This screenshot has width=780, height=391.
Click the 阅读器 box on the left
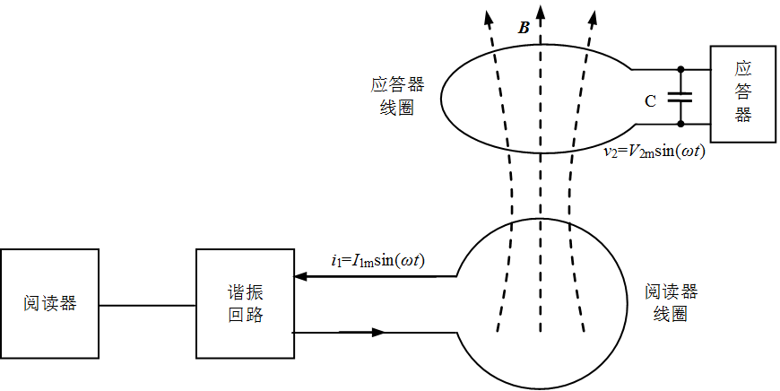49,303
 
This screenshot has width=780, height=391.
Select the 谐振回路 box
245,303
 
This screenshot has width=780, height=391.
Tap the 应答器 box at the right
742,94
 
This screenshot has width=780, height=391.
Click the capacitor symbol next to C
680,97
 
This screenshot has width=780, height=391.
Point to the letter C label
650,101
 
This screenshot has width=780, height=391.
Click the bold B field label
524,29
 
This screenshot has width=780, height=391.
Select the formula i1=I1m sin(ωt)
378,261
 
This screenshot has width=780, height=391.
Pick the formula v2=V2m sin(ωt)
654,152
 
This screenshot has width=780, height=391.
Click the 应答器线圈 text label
397,96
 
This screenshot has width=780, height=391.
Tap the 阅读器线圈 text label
671,302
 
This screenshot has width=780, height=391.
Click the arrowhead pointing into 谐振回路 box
301,276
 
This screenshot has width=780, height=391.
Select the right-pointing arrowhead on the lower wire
378,332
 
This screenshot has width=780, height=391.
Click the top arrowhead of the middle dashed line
541,11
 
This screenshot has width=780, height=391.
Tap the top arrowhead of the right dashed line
591,17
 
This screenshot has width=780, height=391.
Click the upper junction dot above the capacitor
680,69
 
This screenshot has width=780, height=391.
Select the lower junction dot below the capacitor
680,124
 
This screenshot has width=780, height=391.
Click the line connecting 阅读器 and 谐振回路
147,306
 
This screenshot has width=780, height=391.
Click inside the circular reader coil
542,303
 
